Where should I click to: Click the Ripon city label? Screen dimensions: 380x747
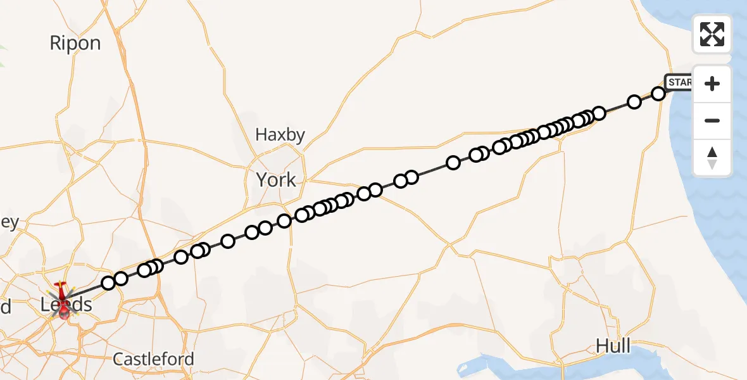point(75,43)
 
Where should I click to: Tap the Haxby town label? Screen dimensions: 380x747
point(280,135)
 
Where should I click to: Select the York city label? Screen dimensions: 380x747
point(276,180)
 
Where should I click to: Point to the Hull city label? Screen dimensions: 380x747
point(613,346)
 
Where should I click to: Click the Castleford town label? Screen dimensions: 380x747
point(153,359)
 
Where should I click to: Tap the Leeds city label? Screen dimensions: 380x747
point(66,305)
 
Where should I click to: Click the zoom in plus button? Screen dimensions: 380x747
point(712,84)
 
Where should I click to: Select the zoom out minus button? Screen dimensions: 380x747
point(712,120)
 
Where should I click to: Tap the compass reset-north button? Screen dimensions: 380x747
point(712,157)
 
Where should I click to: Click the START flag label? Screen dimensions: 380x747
point(679,82)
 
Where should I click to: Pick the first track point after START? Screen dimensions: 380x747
point(658,94)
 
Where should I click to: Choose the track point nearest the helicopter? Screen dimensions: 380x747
point(108,282)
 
